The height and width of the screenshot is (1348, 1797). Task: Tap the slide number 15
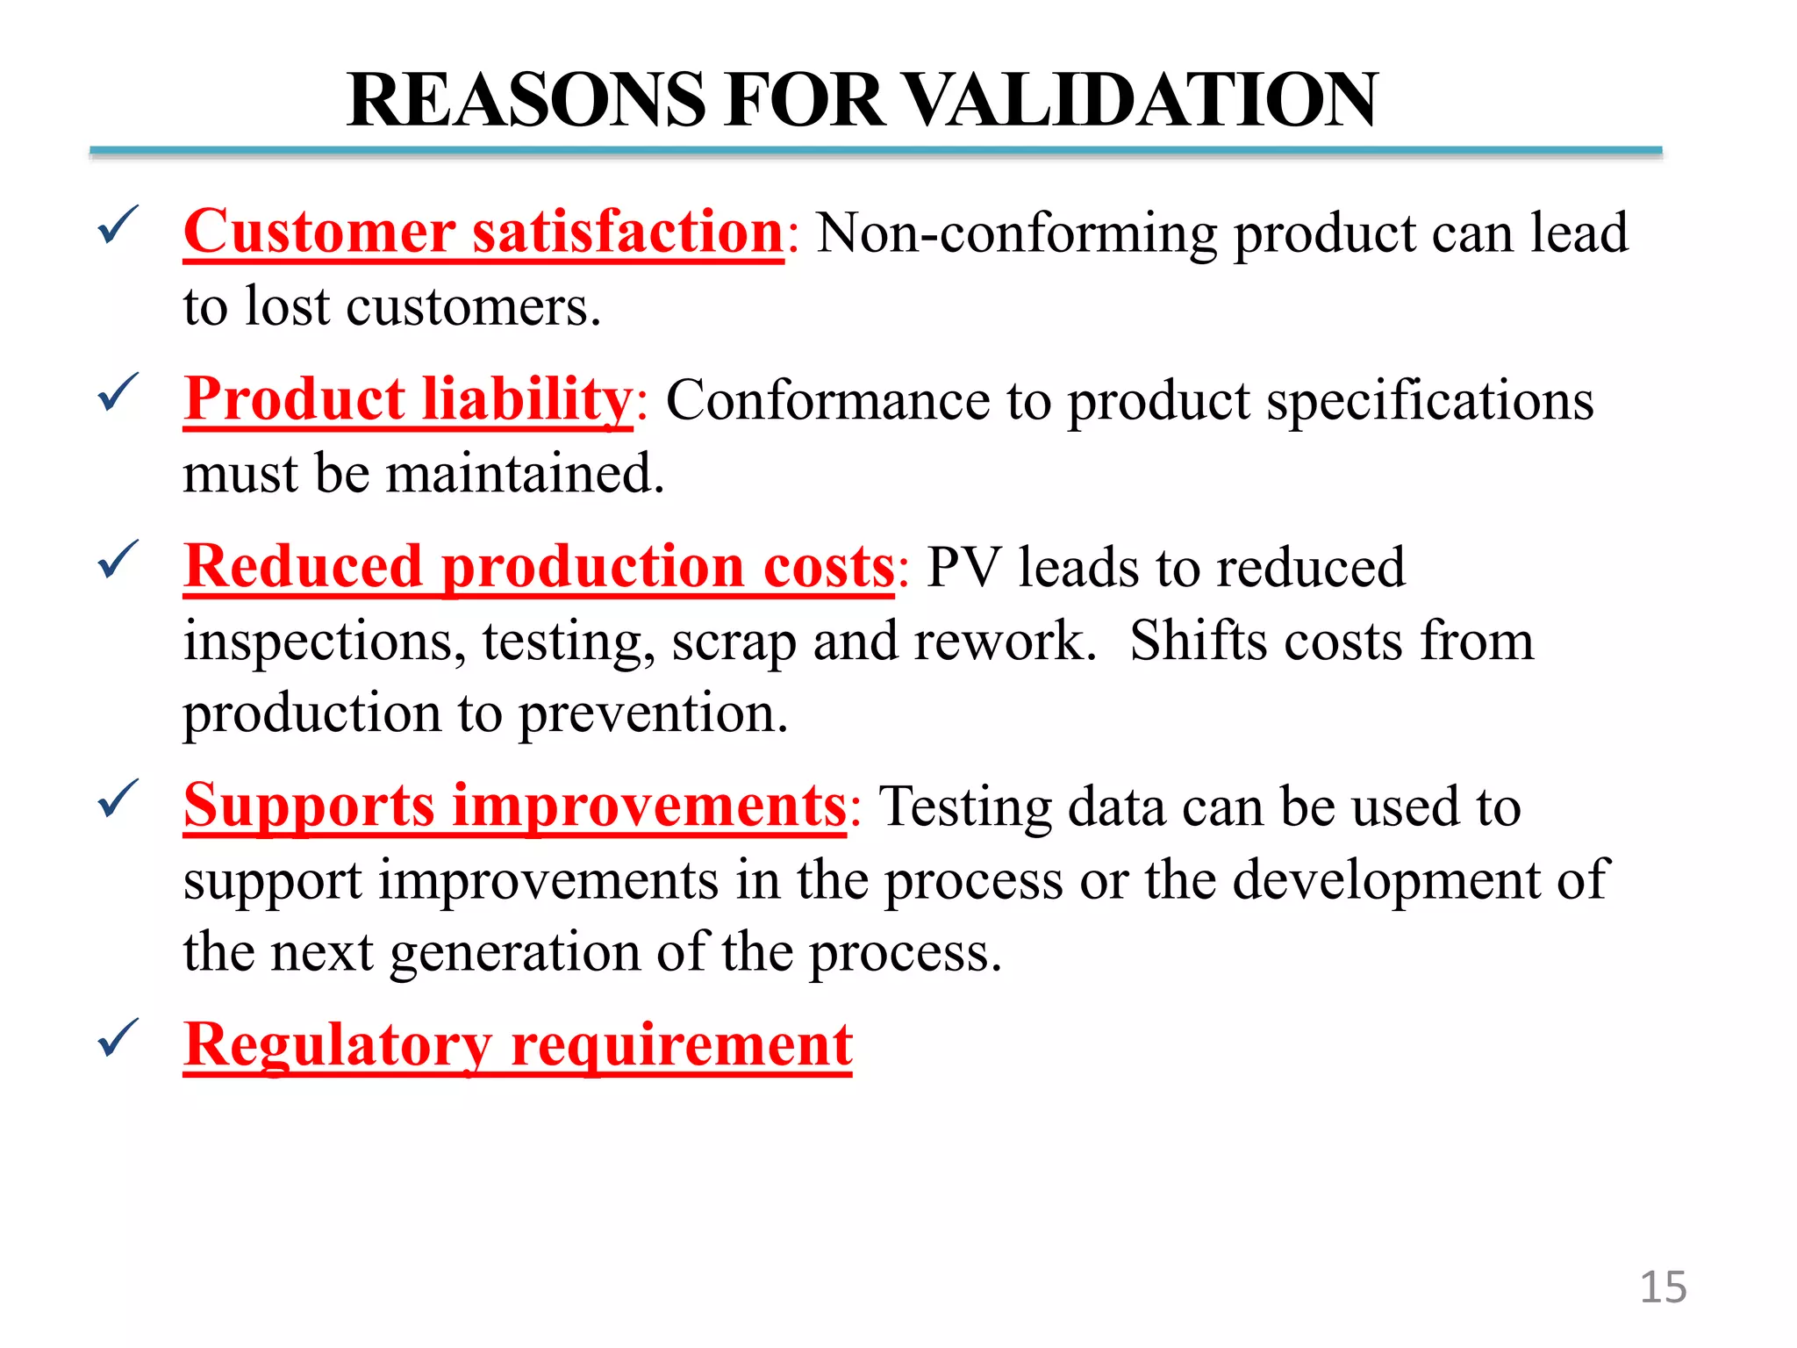click(x=1663, y=1287)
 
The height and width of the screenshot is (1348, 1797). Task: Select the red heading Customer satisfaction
click(x=483, y=232)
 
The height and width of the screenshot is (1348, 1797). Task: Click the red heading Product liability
click(x=408, y=399)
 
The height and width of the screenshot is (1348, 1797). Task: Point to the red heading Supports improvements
click(x=515, y=806)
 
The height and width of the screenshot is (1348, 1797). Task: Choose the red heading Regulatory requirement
click(x=518, y=1044)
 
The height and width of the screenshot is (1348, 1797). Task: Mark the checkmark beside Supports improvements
click(x=118, y=799)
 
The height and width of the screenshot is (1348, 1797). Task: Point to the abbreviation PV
click(x=963, y=567)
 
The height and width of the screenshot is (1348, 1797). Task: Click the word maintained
click(x=524, y=474)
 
